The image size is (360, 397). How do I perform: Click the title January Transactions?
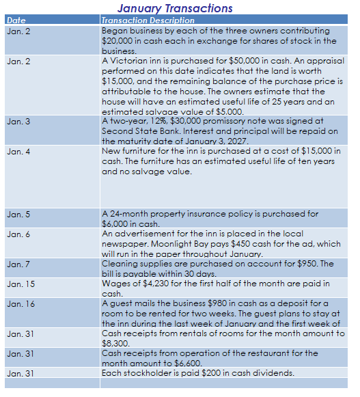[x=175, y=8]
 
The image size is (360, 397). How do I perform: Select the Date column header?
[x=16, y=20]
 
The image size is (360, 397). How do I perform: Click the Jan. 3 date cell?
[x=18, y=121]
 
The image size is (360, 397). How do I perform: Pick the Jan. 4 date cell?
[x=18, y=151]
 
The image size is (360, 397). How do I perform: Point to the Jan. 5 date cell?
[x=18, y=214]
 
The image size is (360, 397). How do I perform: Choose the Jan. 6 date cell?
[x=18, y=234]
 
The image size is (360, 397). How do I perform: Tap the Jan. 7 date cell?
[x=18, y=264]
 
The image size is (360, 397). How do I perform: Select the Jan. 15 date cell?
[x=20, y=284]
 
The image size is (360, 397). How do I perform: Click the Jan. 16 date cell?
[x=20, y=303]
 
